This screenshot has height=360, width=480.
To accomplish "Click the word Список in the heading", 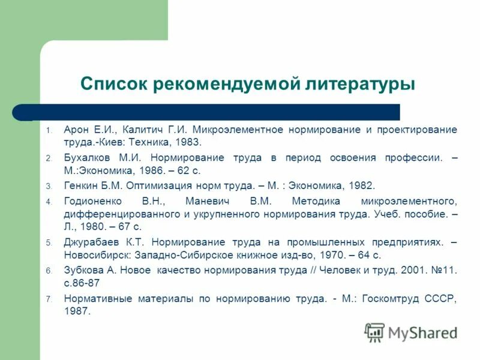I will [x=115, y=83].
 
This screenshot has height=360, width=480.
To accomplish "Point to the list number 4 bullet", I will [x=49, y=201].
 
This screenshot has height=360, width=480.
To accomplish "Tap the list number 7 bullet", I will [x=49, y=299].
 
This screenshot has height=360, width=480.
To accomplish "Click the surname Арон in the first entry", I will [x=77, y=130].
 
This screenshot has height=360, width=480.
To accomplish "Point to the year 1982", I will [x=362, y=185].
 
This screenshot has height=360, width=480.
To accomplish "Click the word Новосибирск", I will [x=97, y=255].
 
